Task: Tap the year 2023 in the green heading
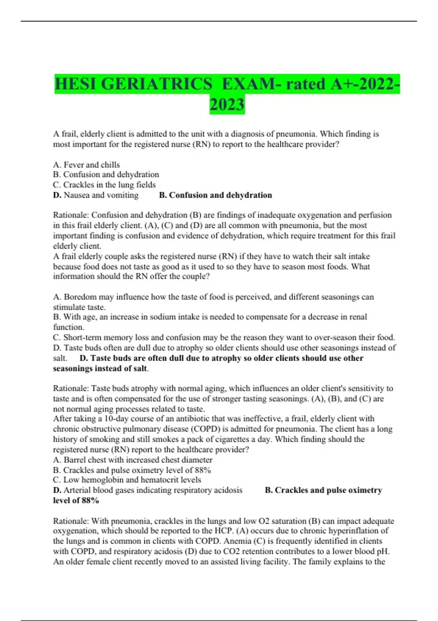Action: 227,104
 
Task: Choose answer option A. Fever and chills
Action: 87,165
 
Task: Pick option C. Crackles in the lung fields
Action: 104,185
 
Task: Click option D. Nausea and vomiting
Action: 96,195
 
